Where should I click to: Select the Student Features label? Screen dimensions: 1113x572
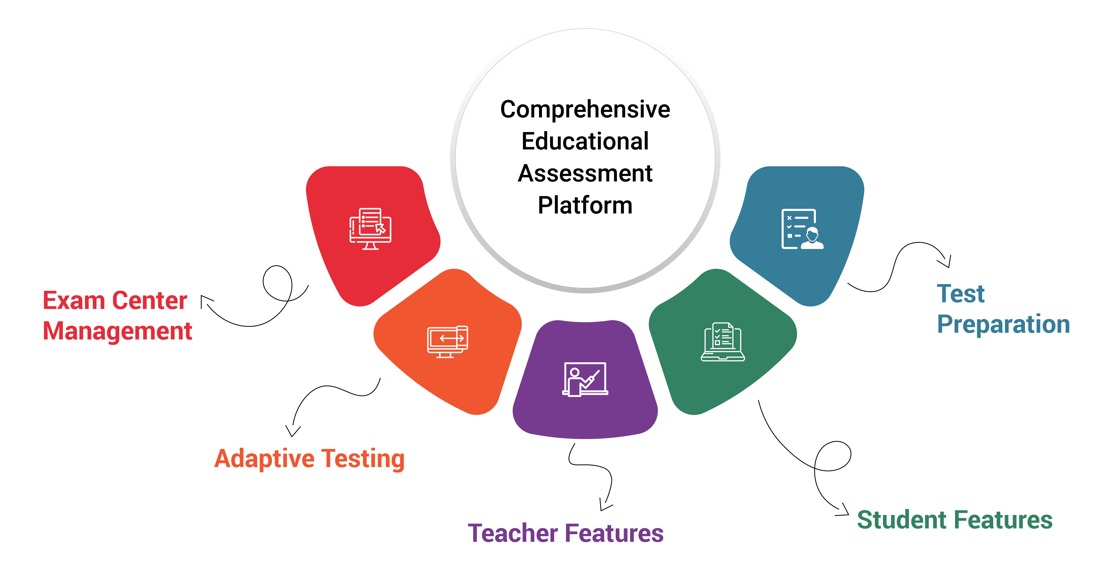click(x=955, y=520)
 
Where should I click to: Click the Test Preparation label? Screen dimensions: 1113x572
click(x=1003, y=309)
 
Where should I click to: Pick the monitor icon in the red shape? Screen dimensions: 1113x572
click(x=370, y=229)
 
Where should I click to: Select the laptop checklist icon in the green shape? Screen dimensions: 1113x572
click(x=723, y=341)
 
